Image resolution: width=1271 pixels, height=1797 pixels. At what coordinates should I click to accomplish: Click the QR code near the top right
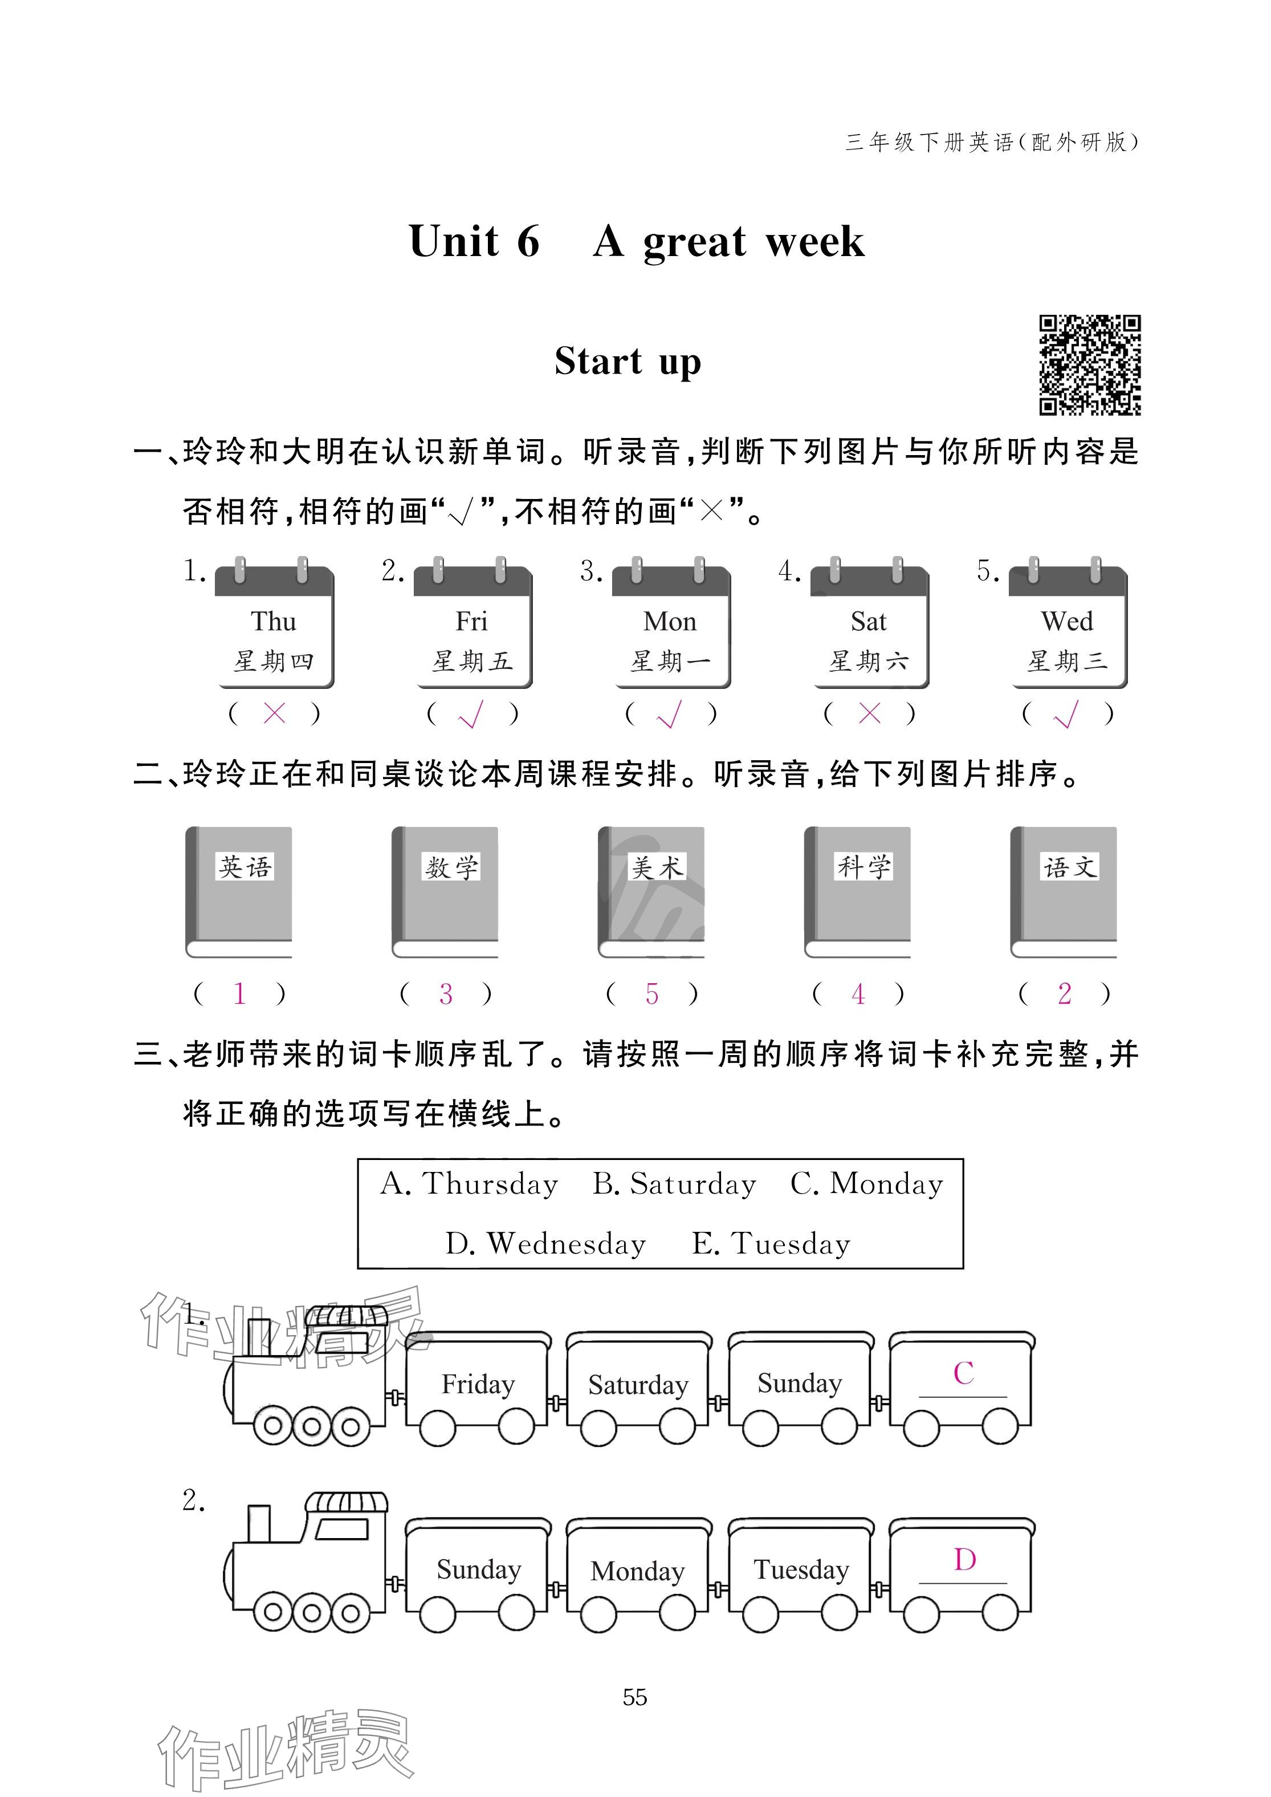(x=1089, y=365)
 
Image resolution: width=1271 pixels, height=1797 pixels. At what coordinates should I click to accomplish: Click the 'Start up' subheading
(x=628, y=362)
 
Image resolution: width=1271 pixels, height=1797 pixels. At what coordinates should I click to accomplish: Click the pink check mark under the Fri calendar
(x=471, y=713)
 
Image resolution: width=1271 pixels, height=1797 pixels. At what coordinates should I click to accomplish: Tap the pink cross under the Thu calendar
(x=274, y=713)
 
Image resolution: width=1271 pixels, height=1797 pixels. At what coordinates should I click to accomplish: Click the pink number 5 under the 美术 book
(x=652, y=993)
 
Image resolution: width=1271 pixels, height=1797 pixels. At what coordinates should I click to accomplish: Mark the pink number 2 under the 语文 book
(x=1064, y=993)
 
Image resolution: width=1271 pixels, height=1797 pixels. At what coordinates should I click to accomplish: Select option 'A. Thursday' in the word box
(x=470, y=1184)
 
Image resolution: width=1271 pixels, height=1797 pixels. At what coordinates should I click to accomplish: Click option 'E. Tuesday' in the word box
(x=771, y=1243)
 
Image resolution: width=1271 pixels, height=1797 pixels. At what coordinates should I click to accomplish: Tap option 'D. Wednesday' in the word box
(x=545, y=1243)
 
